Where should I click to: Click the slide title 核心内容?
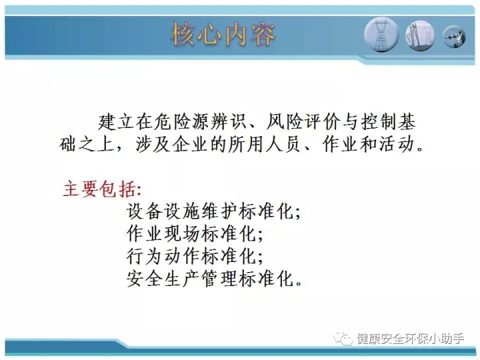223,34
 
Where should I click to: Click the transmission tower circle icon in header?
381,34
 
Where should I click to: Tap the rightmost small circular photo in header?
455,37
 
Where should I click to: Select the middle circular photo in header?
420,35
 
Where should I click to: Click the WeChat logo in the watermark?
343,339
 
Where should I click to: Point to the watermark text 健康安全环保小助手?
410,339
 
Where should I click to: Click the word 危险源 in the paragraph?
183,121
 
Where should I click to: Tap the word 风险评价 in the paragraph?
303,121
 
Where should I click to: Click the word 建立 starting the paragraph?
117,121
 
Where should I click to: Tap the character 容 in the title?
263,34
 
